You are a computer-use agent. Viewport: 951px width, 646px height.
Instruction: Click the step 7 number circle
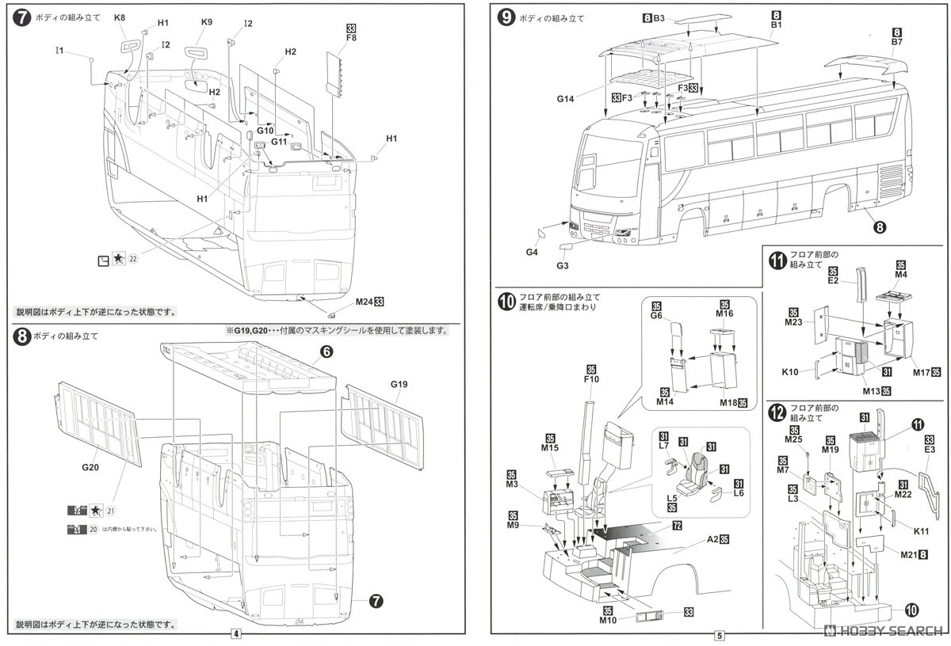(22, 17)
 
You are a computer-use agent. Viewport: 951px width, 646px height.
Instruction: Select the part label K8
(120, 17)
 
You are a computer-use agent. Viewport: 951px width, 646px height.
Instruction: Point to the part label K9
(207, 22)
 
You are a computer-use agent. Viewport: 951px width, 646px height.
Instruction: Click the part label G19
(399, 384)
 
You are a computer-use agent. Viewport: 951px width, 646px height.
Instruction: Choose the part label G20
(90, 468)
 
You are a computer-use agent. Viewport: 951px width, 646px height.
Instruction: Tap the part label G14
(565, 99)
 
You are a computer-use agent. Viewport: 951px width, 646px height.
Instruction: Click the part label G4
(532, 253)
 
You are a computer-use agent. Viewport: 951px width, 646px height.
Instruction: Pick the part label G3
(563, 267)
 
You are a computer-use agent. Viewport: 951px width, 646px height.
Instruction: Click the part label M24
(365, 302)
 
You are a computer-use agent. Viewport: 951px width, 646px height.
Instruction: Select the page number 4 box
(235, 633)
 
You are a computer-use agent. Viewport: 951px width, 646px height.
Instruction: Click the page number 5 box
(719, 634)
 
